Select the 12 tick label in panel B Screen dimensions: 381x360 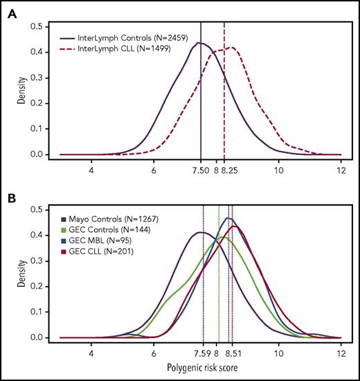(341, 351)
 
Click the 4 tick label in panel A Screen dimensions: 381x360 (91, 168)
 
